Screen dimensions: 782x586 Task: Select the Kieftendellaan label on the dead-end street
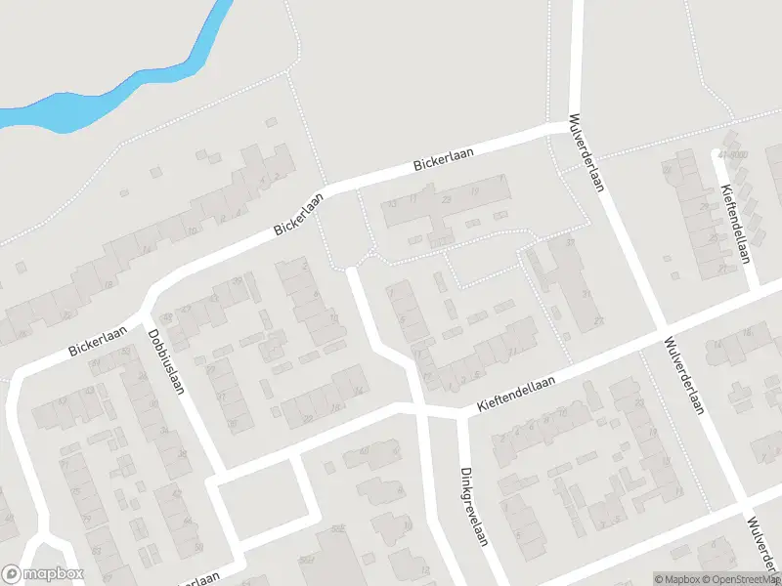[x=735, y=224]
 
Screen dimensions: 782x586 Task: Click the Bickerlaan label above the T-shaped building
[x=443, y=161]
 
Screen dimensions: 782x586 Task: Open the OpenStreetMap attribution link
[x=735, y=579]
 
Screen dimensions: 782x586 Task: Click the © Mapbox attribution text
[x=676, y=579]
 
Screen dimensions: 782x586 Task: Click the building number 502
[x=338, y=529]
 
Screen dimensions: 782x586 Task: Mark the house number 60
[x=364, y=451]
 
